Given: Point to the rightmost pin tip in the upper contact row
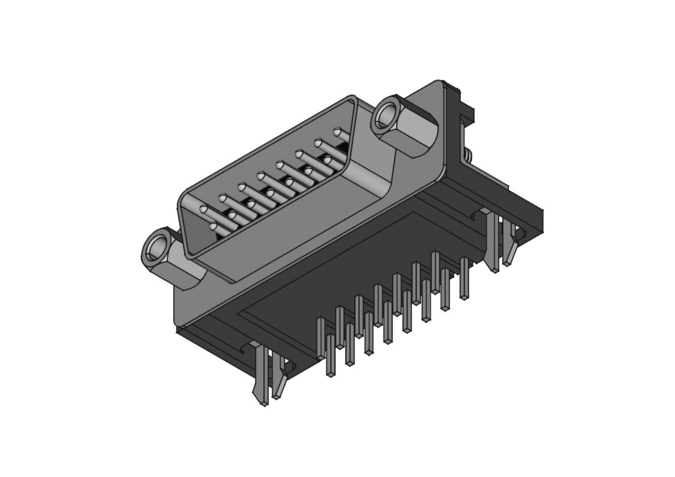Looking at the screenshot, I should click(338, 132).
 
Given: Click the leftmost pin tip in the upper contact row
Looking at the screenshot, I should click(204, 209).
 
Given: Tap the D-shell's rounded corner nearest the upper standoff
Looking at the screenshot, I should click(351, 98).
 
